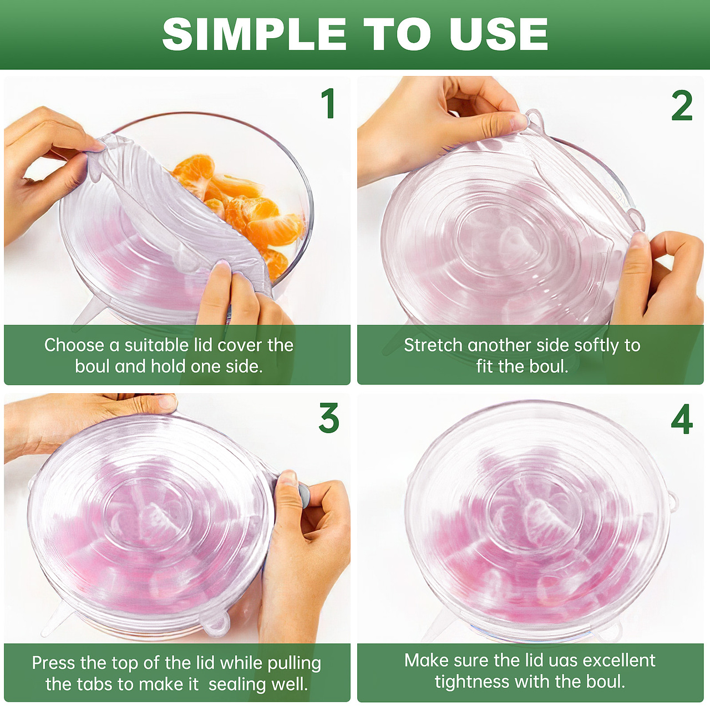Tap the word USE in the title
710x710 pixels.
point(499,34)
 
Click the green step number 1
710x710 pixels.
point(328,103)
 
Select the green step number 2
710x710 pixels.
point(682,106)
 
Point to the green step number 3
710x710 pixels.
point(329,418)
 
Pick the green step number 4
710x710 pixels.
point(682,419)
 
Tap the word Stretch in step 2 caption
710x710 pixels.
point(433,345)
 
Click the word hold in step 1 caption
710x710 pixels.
point(167,366)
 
